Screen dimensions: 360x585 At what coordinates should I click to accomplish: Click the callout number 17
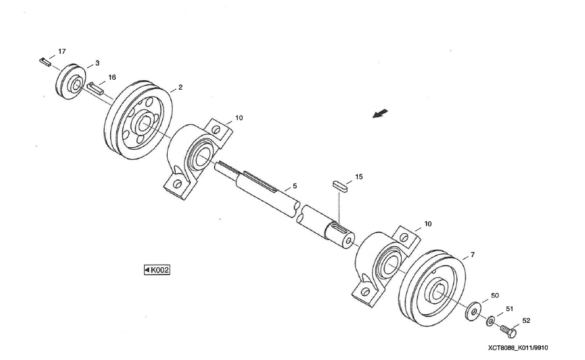62,50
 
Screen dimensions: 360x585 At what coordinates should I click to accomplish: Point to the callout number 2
180,87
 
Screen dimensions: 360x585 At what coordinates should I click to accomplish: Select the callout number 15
359,176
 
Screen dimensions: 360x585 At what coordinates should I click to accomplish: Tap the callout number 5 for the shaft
295,185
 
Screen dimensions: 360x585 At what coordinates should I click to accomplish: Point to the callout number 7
473,254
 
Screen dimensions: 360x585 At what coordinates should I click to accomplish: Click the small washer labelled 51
490,321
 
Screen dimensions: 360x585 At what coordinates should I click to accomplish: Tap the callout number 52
525,320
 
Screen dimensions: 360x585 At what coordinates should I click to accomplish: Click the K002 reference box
157,270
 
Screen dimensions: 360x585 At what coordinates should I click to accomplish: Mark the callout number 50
495,296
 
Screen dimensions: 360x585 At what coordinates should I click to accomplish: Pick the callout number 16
112,77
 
